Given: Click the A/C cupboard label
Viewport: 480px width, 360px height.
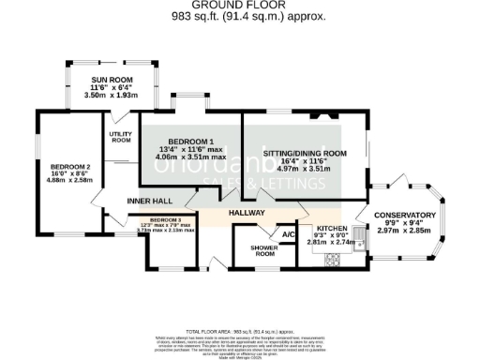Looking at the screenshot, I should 289,234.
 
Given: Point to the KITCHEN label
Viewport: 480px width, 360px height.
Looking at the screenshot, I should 333,229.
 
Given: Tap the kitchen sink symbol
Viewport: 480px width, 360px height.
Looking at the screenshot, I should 358,242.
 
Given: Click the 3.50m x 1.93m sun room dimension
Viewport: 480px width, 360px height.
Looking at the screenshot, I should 112,95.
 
